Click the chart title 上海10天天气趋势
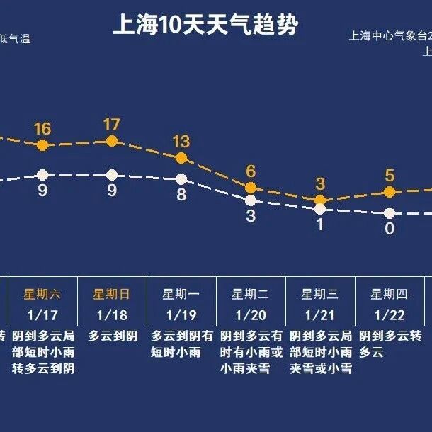205,25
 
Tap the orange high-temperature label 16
42,128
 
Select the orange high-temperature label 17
111,125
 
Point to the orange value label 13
181,141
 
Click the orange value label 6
250,171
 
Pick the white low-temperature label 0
389,229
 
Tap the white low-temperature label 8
181,195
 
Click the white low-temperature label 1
319,224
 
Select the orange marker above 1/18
111,141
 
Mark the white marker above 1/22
389,212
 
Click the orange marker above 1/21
319,200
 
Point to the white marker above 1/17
42,174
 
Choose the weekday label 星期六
42,294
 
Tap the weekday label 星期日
111,294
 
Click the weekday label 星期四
389,294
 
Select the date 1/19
181,314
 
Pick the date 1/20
250,314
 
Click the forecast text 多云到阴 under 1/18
113,336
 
